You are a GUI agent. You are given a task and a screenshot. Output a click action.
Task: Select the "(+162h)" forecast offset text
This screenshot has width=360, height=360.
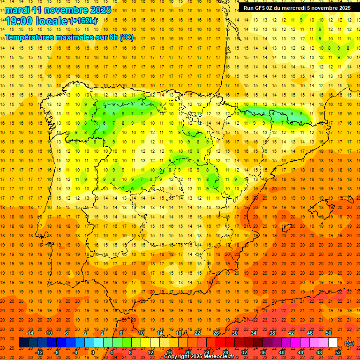click(x=83, y=21)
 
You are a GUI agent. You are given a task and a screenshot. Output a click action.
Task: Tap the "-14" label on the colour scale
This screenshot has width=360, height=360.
click(x=30, y=333)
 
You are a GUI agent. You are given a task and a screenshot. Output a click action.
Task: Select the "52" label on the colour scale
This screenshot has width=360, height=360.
click(x=338, y=352)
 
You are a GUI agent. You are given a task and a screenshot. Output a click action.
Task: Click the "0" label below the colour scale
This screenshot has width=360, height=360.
click(x=93, y=352)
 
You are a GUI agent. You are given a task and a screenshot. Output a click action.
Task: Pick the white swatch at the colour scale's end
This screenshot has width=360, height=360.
click(x=333, y=343)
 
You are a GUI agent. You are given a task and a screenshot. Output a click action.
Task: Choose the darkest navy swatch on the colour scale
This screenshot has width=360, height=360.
click(x=23, y=343)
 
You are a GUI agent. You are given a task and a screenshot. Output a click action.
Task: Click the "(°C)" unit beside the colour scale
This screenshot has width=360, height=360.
click(x=349, y=343)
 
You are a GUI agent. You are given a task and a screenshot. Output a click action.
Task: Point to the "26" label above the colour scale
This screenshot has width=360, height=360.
click(x=216, y=333)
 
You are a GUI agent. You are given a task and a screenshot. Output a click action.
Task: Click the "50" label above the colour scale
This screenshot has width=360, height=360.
click(x=329, y=333)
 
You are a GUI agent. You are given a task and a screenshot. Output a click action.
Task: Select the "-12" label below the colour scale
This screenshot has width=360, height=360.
click(x=39, y=352)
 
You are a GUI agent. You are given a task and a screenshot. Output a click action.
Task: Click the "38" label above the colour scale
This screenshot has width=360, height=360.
click(x=272, y=333)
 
